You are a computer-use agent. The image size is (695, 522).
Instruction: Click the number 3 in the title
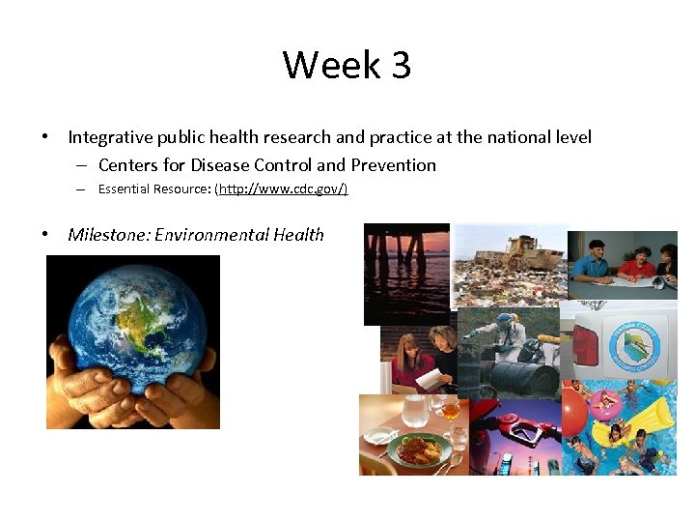[401, 66]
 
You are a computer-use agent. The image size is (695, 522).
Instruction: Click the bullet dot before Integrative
[45, 137]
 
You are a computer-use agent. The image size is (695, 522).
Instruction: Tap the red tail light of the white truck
[586, 344]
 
